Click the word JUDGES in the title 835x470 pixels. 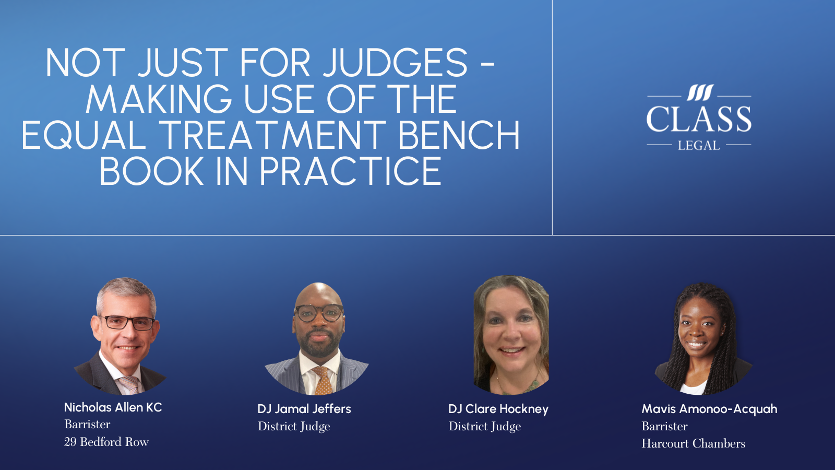(395, 63)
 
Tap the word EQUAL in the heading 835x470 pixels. (83, 135)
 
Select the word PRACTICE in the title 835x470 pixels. (351, 171)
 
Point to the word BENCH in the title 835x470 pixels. (459, 135)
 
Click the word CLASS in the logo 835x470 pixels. (699, 119)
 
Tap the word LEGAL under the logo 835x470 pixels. (699, 146)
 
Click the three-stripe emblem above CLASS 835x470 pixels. (699, 93)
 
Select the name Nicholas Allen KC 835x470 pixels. (113, 407)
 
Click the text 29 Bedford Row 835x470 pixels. (106, 442)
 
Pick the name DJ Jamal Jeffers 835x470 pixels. (304, 409)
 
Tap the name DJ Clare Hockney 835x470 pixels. (498, 409)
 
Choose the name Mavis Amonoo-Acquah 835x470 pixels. (709, 409)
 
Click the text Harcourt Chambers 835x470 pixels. (693, 443)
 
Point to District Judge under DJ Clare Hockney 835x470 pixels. (485, 426)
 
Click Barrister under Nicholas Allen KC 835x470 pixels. (87, 424)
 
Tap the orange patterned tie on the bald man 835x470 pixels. (323, 381)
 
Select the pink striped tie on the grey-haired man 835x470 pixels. (129, 385)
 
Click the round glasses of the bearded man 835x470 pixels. (319, 313)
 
